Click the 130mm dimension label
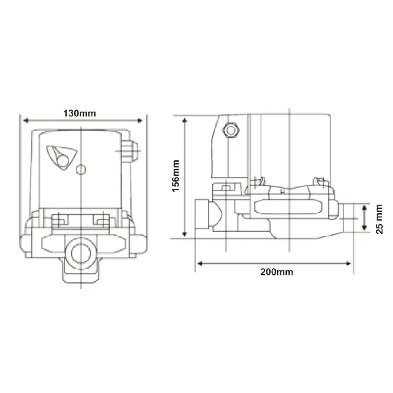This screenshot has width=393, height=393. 80,113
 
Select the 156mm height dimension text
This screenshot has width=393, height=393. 176,176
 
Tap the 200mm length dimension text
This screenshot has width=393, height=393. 277,272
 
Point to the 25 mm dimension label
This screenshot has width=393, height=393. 379,219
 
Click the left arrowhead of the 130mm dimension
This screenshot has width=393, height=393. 26,121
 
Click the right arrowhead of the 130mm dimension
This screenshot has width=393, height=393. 140,121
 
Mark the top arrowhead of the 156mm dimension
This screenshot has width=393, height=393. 185,120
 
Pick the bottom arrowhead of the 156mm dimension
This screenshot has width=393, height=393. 185,234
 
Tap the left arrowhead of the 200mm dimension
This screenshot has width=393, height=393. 200,263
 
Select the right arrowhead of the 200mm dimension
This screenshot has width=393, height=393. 348,263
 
